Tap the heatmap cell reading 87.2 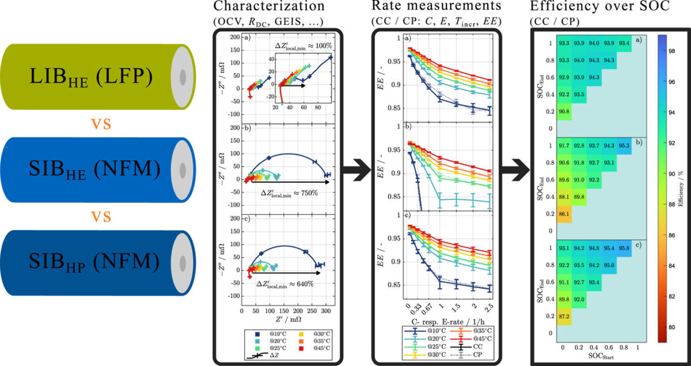564,316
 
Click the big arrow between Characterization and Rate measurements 355,171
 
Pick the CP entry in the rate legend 477,354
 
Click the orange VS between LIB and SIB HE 98,124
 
